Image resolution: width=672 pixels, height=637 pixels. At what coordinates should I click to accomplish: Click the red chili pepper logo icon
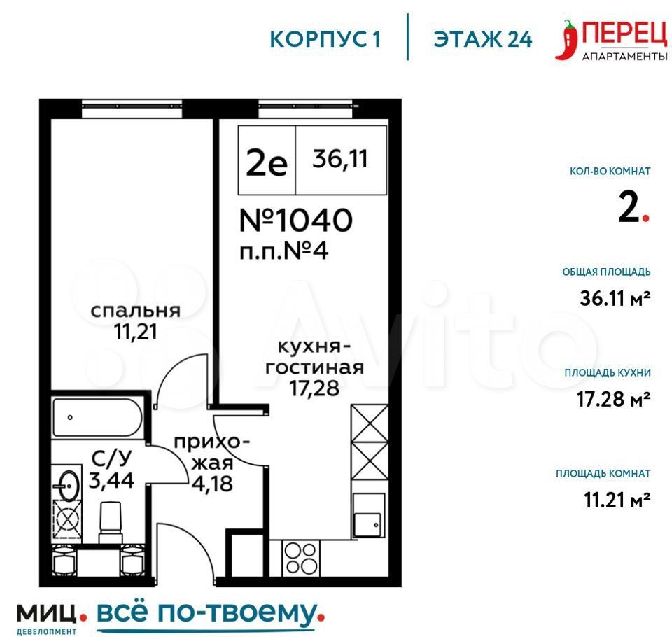(566, 39)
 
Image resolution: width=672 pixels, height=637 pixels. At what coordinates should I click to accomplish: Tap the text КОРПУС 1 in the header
(325, 39)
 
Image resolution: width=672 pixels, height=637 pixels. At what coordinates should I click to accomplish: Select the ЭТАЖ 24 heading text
(482, 39)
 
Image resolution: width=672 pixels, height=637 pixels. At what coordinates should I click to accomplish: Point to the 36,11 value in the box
(340, 159)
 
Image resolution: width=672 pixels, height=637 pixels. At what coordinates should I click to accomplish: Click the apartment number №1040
(296, 220)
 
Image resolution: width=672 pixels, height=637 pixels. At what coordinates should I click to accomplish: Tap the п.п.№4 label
(283, 251)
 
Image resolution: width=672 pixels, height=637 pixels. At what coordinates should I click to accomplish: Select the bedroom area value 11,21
(135, 332)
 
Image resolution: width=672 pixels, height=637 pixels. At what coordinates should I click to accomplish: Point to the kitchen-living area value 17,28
(314, 388)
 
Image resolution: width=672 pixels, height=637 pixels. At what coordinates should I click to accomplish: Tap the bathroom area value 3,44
(111, 480)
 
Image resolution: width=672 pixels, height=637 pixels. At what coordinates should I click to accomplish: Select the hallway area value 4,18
(212, 484)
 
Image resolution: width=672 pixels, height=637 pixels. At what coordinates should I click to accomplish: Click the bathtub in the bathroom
(97, 417)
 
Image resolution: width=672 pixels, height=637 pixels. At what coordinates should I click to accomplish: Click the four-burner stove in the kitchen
(300, 559)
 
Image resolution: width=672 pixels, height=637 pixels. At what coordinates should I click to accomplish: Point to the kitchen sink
(369, 515)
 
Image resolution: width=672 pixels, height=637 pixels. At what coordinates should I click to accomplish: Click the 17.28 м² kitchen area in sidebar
(613, 400)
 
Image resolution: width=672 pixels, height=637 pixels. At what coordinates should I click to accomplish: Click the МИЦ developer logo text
(46, 613)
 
